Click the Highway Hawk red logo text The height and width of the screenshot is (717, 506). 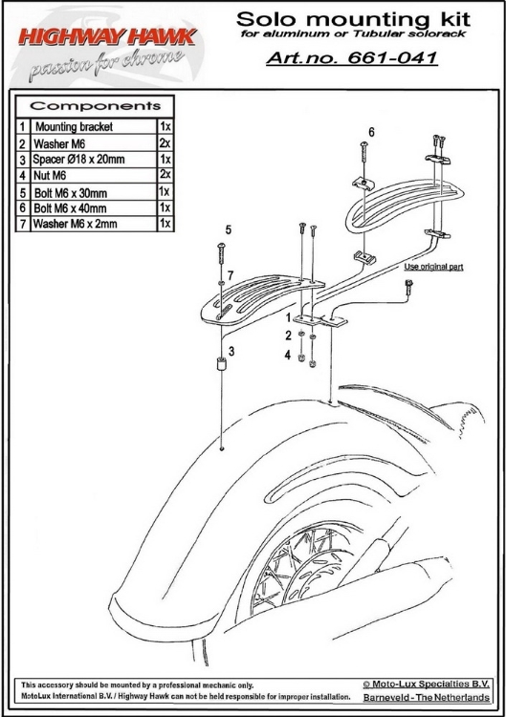point(107,37)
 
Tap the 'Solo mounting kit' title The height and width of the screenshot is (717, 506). point(353,19)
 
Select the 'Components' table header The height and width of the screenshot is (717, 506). point(95,106)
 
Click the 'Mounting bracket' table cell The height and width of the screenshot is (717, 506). point(74,126)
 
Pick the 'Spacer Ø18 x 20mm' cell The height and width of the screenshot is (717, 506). point(78,159)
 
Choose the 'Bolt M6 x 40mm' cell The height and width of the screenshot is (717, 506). point(70,208)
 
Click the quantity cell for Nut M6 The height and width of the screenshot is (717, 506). point(165,174)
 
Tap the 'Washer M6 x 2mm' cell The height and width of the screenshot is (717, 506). point(75,224)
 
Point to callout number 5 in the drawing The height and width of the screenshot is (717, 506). point(229,229)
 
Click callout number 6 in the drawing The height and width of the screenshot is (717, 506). point(371,132)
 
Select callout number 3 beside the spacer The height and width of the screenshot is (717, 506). point(231,351)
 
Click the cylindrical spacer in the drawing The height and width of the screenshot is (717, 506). point(221,364)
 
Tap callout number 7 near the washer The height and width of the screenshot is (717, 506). point(231,275)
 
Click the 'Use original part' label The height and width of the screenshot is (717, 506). point(433,267)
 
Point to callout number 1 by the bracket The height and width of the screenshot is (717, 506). point(288,317)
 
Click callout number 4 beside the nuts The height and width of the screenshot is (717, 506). point(287,355)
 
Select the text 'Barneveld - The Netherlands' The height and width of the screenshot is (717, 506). point(427,697)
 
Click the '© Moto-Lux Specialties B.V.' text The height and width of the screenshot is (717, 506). point(427,684)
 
